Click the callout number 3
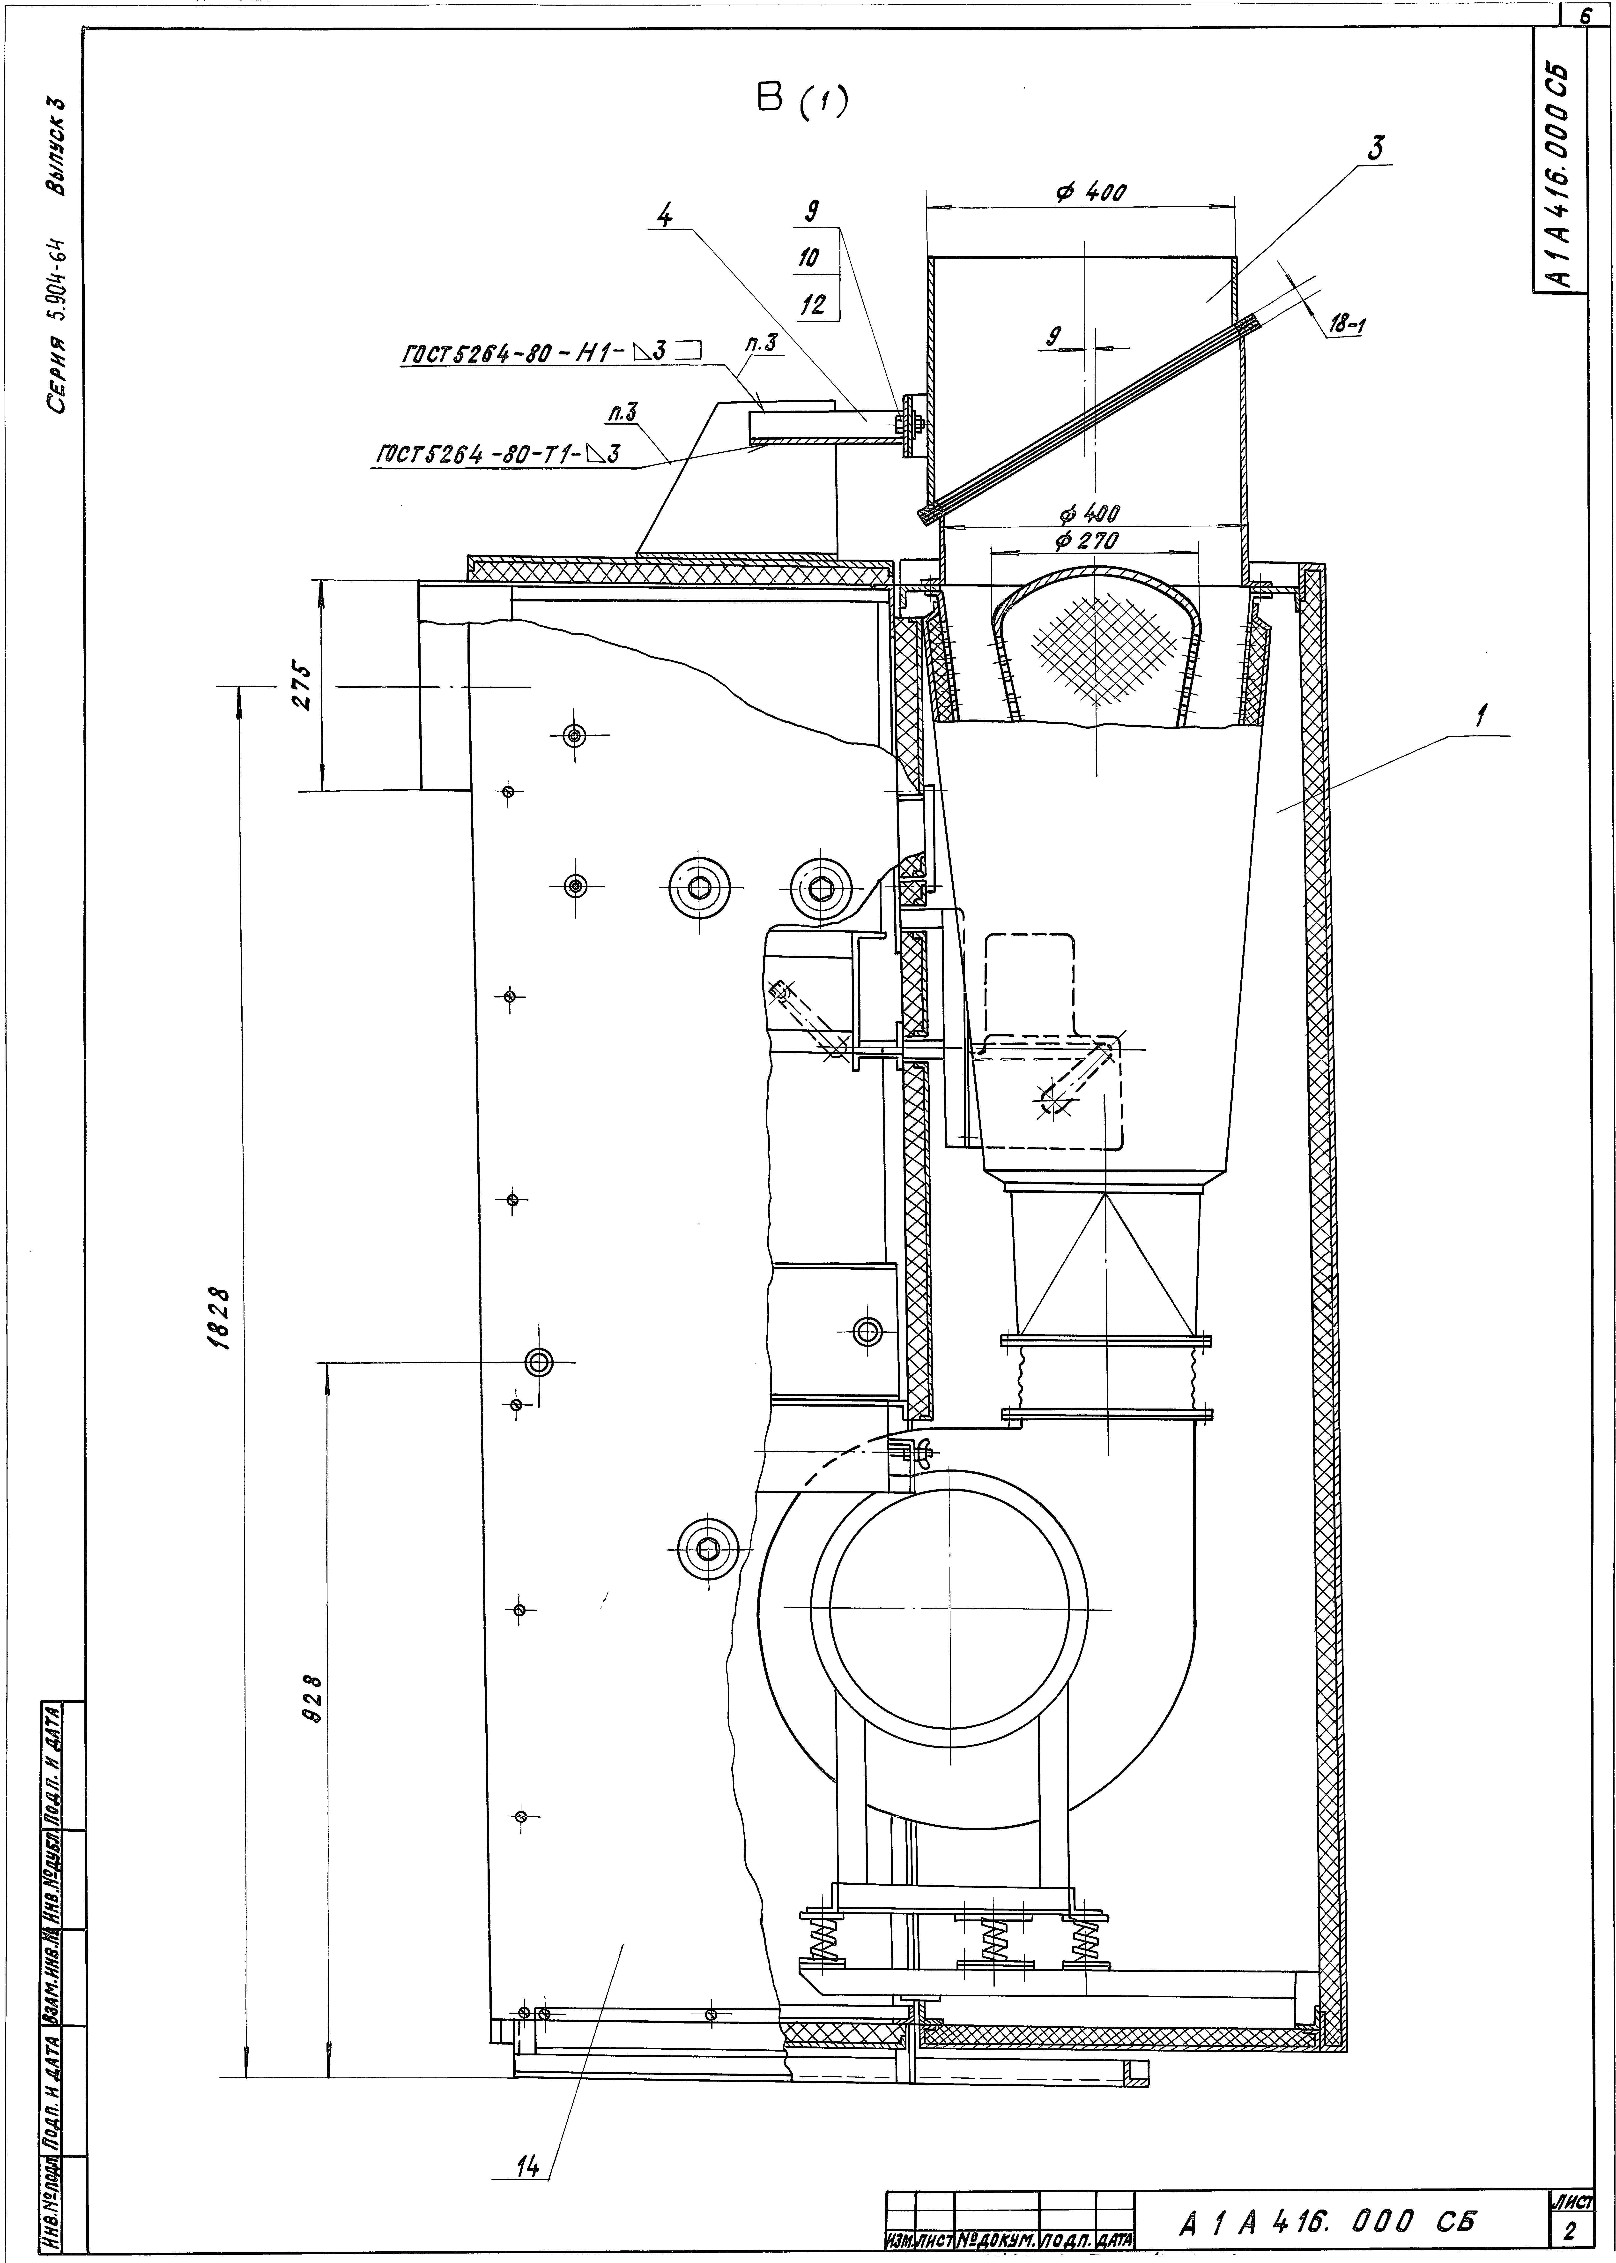pos(1376,149)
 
